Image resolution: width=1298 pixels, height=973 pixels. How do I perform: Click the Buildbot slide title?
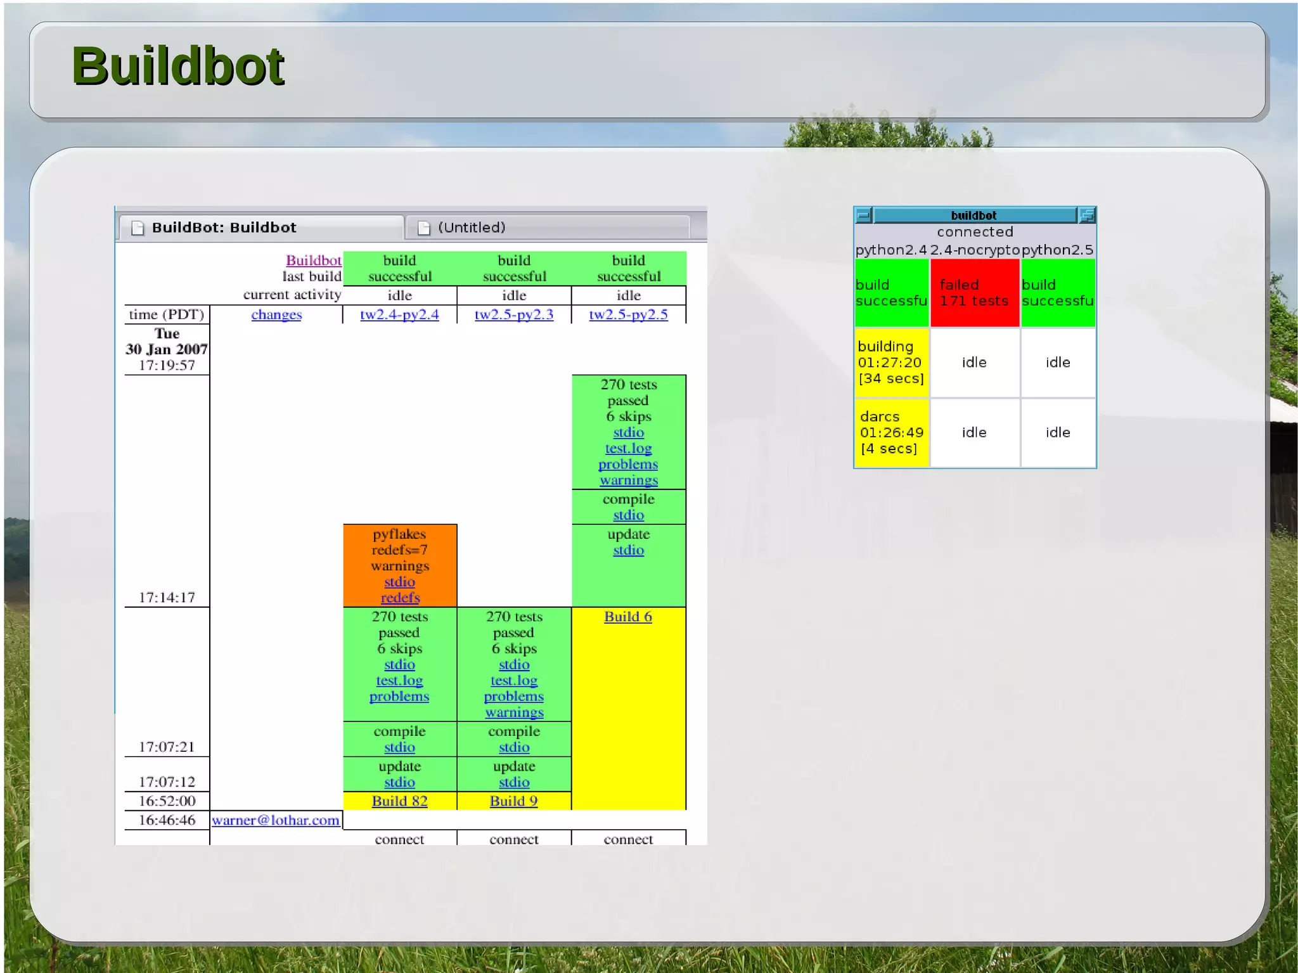(178, 66)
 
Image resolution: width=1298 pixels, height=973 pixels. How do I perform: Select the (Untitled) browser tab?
(472, 228)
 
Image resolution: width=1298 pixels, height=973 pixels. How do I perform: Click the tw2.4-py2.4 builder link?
(399, 314)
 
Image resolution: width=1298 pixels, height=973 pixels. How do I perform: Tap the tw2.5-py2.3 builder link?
(513, 314)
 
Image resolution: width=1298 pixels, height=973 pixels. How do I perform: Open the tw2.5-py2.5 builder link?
(628, 314)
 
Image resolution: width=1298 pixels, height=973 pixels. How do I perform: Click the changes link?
(276, 314)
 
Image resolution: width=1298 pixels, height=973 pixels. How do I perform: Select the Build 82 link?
(399, 801)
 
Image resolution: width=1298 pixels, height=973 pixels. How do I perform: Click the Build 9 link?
(513, 801)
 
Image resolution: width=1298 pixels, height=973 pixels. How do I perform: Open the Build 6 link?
(627, 617)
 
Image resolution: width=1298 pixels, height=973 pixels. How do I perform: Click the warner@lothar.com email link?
(276, 820)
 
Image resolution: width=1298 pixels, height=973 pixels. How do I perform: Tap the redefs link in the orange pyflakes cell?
(400, 598)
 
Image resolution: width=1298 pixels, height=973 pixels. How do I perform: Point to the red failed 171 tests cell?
(974, 293)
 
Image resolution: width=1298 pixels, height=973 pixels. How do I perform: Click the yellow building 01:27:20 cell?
(891, 363)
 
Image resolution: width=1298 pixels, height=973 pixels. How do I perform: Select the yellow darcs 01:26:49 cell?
(891, 433)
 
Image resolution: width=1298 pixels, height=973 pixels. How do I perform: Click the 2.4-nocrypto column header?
(975, 250)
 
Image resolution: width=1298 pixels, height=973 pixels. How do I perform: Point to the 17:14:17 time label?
(167, 598)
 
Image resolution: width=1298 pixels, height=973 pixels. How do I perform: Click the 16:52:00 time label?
(167, 801)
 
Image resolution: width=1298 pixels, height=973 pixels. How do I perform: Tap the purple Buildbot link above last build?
(313, 261)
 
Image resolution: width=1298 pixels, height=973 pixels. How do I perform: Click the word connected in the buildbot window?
(975, 232)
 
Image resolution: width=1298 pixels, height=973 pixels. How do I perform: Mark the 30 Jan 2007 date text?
(167, 349)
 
